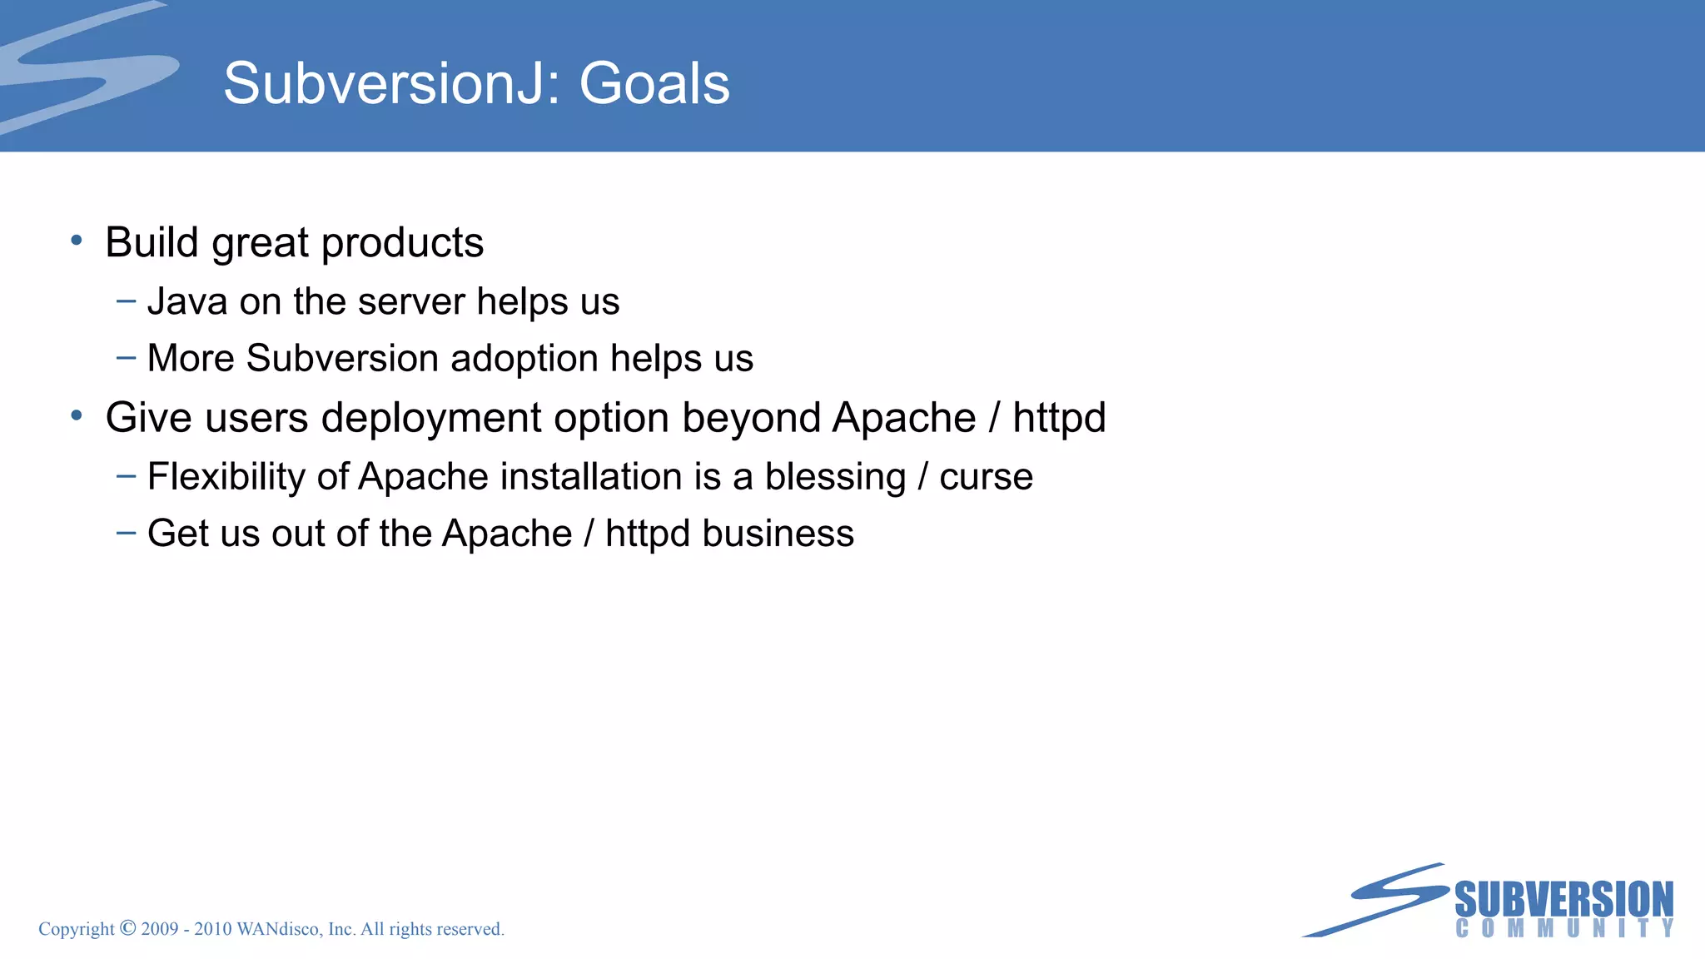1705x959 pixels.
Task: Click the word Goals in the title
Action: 654,84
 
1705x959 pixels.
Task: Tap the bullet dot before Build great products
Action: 77,241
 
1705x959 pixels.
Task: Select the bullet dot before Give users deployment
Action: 77,415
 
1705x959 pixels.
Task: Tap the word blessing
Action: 835,477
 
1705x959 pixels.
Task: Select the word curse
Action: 986,477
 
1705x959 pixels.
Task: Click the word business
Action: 778,534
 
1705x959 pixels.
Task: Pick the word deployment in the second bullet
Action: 431,418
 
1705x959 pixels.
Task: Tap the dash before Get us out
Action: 126,533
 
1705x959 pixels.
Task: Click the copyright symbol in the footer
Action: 127,928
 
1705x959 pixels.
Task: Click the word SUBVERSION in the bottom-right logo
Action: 1563,900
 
